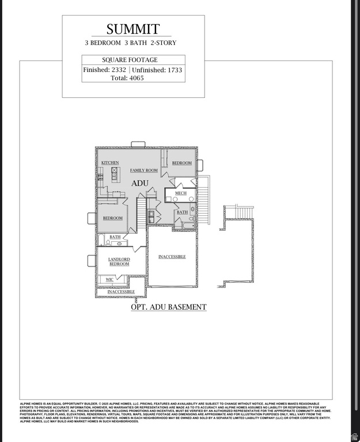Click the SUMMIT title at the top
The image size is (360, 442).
133,29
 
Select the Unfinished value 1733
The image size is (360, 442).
172,70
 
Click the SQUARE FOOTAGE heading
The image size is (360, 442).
130,60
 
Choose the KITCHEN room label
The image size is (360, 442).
110,163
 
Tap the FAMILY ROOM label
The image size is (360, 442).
143,170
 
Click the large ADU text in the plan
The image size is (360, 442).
140,183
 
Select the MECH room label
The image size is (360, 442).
180,193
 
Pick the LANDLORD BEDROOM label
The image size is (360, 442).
119,262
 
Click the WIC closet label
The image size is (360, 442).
109,280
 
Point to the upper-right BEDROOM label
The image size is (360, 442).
181,163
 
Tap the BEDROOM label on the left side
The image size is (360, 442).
113,218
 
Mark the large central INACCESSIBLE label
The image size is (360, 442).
172,257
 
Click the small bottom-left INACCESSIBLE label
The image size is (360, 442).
121,292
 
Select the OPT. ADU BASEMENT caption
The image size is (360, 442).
168,307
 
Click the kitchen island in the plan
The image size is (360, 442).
115,174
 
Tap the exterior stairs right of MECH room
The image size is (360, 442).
204,201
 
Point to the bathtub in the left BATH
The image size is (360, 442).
101,241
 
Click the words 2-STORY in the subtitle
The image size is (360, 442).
164,43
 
